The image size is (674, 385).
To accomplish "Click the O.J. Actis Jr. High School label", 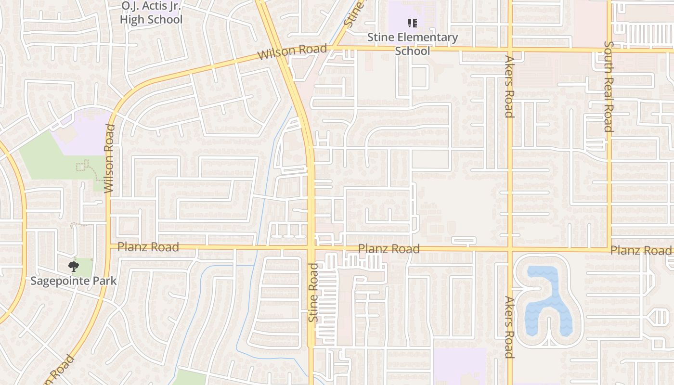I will click(151, 13).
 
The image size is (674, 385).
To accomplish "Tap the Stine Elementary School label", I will click(413, 44).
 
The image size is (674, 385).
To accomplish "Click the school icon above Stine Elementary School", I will click(412, 23).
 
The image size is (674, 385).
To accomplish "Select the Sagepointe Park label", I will click(74, 281).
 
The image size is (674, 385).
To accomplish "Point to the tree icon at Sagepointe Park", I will click(73, 266).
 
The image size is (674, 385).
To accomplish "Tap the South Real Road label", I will click(609, 87).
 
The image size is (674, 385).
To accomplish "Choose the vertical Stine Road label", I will click(313, 293).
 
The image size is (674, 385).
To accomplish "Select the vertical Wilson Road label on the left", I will click(109, 159).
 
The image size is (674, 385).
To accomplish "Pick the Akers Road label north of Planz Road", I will click(509, 87).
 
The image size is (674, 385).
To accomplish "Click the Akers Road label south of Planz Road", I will click(509, 327).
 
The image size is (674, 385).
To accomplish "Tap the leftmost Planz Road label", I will click(148, 247).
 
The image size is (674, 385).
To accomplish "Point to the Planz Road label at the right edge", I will click(641, 250).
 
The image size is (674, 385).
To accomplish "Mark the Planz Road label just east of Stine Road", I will click(389, 249).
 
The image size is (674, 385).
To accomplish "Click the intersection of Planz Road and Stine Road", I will click(311, 248).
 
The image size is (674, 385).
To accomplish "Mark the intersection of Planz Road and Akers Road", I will click(510, 249).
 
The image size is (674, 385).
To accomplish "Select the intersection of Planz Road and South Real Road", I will click(609, 249).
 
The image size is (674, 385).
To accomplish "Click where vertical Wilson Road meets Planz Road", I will click(108, 247).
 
